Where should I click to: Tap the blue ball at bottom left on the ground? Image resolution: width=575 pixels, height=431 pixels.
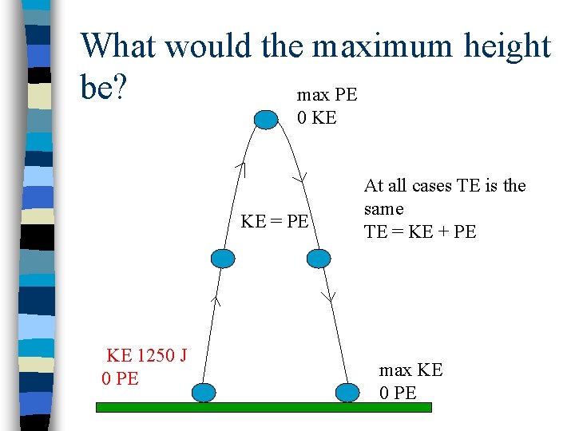[x=205, y=392]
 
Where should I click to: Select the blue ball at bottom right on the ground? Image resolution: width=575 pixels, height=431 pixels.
[x=347, y=392]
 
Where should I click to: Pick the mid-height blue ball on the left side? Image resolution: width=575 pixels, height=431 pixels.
[x=224, y=258]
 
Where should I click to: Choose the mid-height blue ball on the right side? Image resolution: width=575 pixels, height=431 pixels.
[x=318, y=258]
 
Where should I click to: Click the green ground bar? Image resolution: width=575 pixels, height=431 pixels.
[x=264, y=407]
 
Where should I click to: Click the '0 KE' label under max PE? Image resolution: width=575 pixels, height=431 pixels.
[x=317, y=118]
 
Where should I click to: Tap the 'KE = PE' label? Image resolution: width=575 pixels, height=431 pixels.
[x=275, y=221]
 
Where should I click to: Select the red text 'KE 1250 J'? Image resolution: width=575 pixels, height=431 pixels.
[x=146, y=355]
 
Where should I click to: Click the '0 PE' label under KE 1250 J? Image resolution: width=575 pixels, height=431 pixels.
[x=121, y=378]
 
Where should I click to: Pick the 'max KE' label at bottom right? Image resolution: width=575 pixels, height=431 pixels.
[x=410, y=370]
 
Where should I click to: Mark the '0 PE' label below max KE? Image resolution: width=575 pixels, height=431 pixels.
[x=398, y=393]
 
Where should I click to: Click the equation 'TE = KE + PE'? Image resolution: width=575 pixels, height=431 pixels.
[x=420, y=231]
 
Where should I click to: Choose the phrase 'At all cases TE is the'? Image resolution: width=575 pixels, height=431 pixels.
[x=445, y=186]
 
